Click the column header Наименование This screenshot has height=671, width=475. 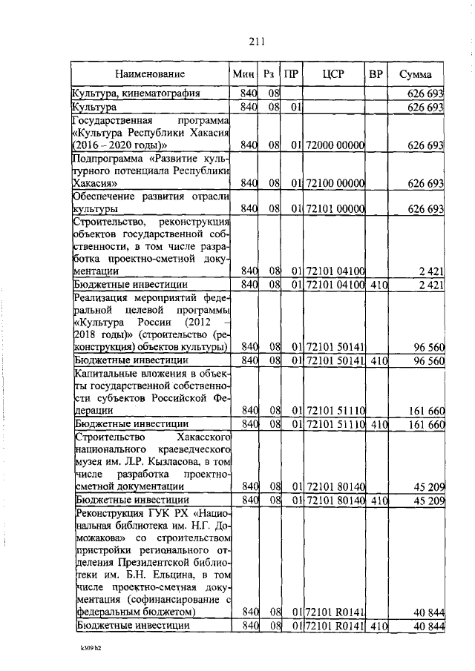point(149,74)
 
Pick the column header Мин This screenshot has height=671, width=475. point(243,74)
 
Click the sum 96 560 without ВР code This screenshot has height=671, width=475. point(428,346)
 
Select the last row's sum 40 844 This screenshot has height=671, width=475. point(428,627)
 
